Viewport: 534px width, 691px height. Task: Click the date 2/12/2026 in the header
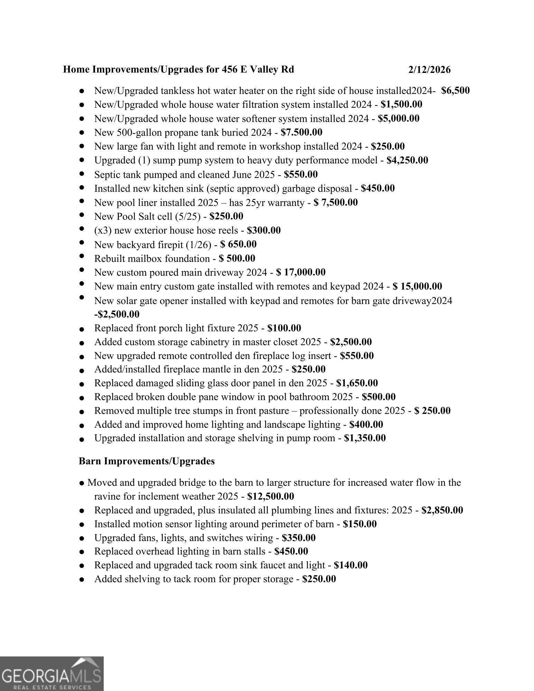(429, 70)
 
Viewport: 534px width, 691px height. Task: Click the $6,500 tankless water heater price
(455, 91)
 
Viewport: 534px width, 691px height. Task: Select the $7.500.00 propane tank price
(301, 132)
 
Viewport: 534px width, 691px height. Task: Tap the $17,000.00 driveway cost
(301, 272)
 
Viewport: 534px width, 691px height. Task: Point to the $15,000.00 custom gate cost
(417, 286)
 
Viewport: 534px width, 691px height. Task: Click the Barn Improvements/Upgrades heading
(147, 461)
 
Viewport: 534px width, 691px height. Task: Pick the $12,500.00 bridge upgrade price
(271, 496)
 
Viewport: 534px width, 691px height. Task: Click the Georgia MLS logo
(52, 674)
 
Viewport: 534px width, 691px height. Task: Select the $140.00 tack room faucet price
(350, 565)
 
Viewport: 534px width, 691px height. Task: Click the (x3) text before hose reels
(103, 230)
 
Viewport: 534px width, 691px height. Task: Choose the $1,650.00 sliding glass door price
(357, 383)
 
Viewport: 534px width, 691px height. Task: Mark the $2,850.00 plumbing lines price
(442, 510)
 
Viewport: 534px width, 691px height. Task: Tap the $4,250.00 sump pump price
(407, 160)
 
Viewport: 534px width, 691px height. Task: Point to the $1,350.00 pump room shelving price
(365, 438)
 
